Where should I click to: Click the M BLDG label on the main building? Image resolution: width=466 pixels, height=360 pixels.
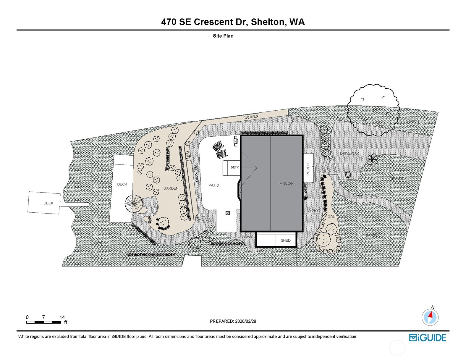coord(286,183)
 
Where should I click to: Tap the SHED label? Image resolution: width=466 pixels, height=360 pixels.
coord(285,240)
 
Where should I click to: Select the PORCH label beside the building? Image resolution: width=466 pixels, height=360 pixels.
coord(308,169)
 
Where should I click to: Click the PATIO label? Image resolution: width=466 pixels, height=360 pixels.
coord(213,185)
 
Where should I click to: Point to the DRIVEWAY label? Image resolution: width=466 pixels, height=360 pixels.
coord(349,153)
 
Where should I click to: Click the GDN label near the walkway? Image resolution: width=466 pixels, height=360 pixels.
coord(331,217)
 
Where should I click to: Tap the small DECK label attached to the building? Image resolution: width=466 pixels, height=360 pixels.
coord(234,167)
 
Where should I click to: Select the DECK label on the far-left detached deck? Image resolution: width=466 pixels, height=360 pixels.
coord(48,203)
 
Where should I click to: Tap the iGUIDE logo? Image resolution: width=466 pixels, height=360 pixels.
coord(428,338)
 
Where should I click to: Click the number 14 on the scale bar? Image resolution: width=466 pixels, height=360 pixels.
coord(62,317)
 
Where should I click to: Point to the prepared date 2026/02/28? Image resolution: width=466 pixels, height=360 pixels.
coord(245,321)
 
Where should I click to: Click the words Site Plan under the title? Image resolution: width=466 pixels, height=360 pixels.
coord(223,36)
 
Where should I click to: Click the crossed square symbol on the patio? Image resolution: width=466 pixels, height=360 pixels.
coord(227,213)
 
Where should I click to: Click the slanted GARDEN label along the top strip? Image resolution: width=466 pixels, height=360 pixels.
coord(250,117)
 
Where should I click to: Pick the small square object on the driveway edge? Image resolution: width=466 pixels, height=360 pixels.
coord(348,175)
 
